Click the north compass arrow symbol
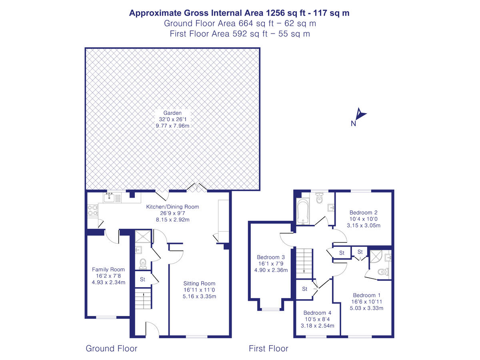click(361, 115)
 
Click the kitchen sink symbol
click(109, 196)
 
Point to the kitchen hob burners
click(92, 211)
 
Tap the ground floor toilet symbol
click(143, 264)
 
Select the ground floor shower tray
click(143, 237)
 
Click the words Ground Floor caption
click(112, 348)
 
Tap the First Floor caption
click(268, 348)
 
